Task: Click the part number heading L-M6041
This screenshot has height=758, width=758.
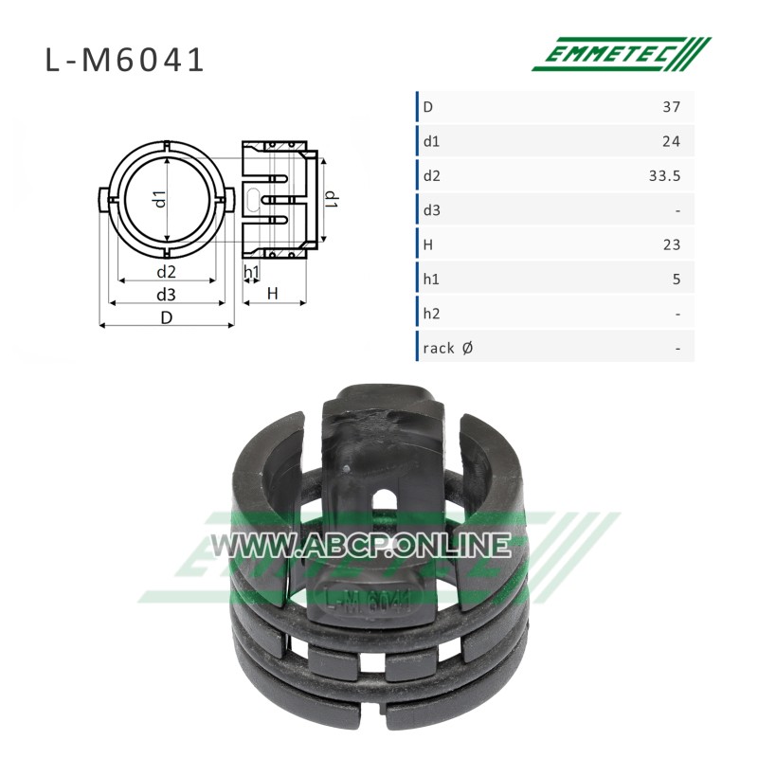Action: [125, 61]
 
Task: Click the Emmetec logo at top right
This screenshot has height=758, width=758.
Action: [622, 54]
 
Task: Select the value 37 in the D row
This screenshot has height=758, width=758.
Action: [672, 107]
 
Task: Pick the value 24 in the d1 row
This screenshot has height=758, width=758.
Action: [672, 141]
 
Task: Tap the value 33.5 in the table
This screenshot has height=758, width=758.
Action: [665, 176]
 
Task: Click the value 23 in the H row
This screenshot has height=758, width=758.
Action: [672, 245]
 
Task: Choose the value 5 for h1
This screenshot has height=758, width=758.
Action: [677, 280]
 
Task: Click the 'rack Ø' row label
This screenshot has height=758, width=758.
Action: [447, 348]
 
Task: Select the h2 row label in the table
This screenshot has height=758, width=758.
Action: [431, 314]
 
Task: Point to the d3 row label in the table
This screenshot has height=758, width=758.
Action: [431, 210]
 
